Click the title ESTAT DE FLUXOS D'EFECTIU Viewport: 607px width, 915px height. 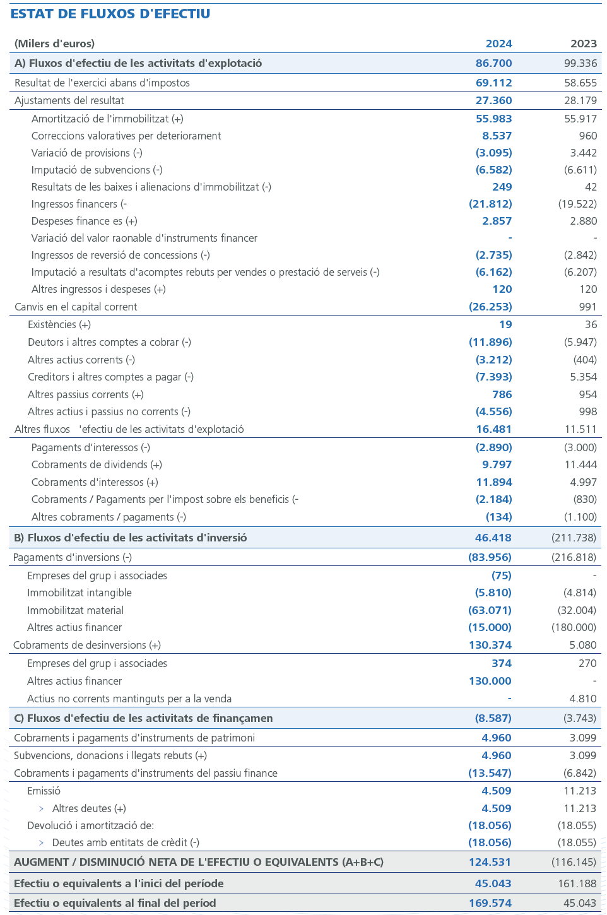click(x=110, y=14)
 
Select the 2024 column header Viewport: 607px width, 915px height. click(x=498, y=44)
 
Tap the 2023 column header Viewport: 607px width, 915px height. click(x=583, y=44)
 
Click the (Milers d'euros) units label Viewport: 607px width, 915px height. click(x=54, y=44)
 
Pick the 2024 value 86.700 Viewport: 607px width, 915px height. click(x=493, y=63)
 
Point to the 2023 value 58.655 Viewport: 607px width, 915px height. click(x=580, y=83)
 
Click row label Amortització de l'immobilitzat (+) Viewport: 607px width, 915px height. click(x=107, y=119)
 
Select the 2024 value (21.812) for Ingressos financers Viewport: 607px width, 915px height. click(x=490, y=204)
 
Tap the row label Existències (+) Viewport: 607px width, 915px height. click(x=59, y=324)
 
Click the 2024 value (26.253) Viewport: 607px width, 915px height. click(x=490, y=307)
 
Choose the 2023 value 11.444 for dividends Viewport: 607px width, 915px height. click(x=580, y=464)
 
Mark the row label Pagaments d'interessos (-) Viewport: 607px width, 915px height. click(x=91, y=447)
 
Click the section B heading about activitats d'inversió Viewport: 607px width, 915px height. click(x=130, y=538)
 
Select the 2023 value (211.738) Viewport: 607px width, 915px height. click(x=574, y=538)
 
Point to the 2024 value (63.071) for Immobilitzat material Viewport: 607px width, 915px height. click(x=490, y=610)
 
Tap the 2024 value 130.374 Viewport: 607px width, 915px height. click(x=490, y=645)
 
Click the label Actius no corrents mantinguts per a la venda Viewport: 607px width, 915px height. click(x=129, y=699)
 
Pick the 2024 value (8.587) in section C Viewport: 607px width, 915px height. click(x=493, y=718)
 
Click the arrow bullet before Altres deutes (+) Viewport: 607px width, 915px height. click(x=42, y=808)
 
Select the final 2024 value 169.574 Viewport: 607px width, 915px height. click(x=490, y=903)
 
